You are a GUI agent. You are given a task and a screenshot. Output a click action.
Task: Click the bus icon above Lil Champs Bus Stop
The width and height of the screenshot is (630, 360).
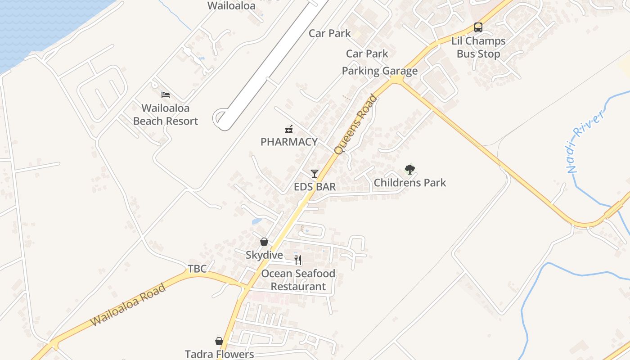click(478, 27)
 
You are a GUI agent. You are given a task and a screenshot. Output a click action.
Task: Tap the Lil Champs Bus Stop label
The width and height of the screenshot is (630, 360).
click(478, 47)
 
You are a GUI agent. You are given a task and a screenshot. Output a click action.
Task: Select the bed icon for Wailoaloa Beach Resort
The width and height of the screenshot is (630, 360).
click(166, 95)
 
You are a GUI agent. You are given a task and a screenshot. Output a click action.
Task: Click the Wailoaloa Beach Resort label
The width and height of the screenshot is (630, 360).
click(166, 115)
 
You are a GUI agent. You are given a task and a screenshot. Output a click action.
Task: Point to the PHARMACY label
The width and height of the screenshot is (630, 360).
click(289, 142)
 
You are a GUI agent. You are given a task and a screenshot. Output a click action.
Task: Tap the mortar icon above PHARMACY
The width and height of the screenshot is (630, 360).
click(289, 129)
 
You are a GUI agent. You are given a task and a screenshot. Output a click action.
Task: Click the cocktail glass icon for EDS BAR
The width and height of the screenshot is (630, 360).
click(314, 174)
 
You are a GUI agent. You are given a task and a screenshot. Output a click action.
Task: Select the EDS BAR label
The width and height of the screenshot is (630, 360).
click(315, 187)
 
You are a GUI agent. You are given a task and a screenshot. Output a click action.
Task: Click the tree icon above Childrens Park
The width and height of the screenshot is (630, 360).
click(409, 170)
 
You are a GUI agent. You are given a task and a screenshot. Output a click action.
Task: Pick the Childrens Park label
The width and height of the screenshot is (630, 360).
click(410, 183)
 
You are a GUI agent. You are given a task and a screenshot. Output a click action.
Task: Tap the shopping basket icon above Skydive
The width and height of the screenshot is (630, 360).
click(264, 242)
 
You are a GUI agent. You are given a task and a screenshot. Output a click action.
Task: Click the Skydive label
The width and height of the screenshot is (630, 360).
click(264, 255)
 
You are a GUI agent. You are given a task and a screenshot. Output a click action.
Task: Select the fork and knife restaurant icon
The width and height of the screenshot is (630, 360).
click(298, 260)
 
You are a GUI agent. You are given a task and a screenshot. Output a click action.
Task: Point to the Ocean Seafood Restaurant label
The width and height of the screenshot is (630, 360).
click(298, 280)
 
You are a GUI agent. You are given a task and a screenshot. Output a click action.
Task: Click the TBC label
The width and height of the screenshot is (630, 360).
click(197, 269)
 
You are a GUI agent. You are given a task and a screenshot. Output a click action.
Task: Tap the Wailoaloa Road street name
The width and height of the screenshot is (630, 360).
click(128, 305)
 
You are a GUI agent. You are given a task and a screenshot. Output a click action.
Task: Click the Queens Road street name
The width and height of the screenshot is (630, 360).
click(355, 124)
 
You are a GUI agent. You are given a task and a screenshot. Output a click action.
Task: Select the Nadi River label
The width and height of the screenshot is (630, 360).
click(584, 143)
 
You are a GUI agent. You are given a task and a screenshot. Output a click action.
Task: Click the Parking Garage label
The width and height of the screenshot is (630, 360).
click(380, 71)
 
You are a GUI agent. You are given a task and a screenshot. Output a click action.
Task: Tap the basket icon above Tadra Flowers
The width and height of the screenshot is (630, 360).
click(219, 341)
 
